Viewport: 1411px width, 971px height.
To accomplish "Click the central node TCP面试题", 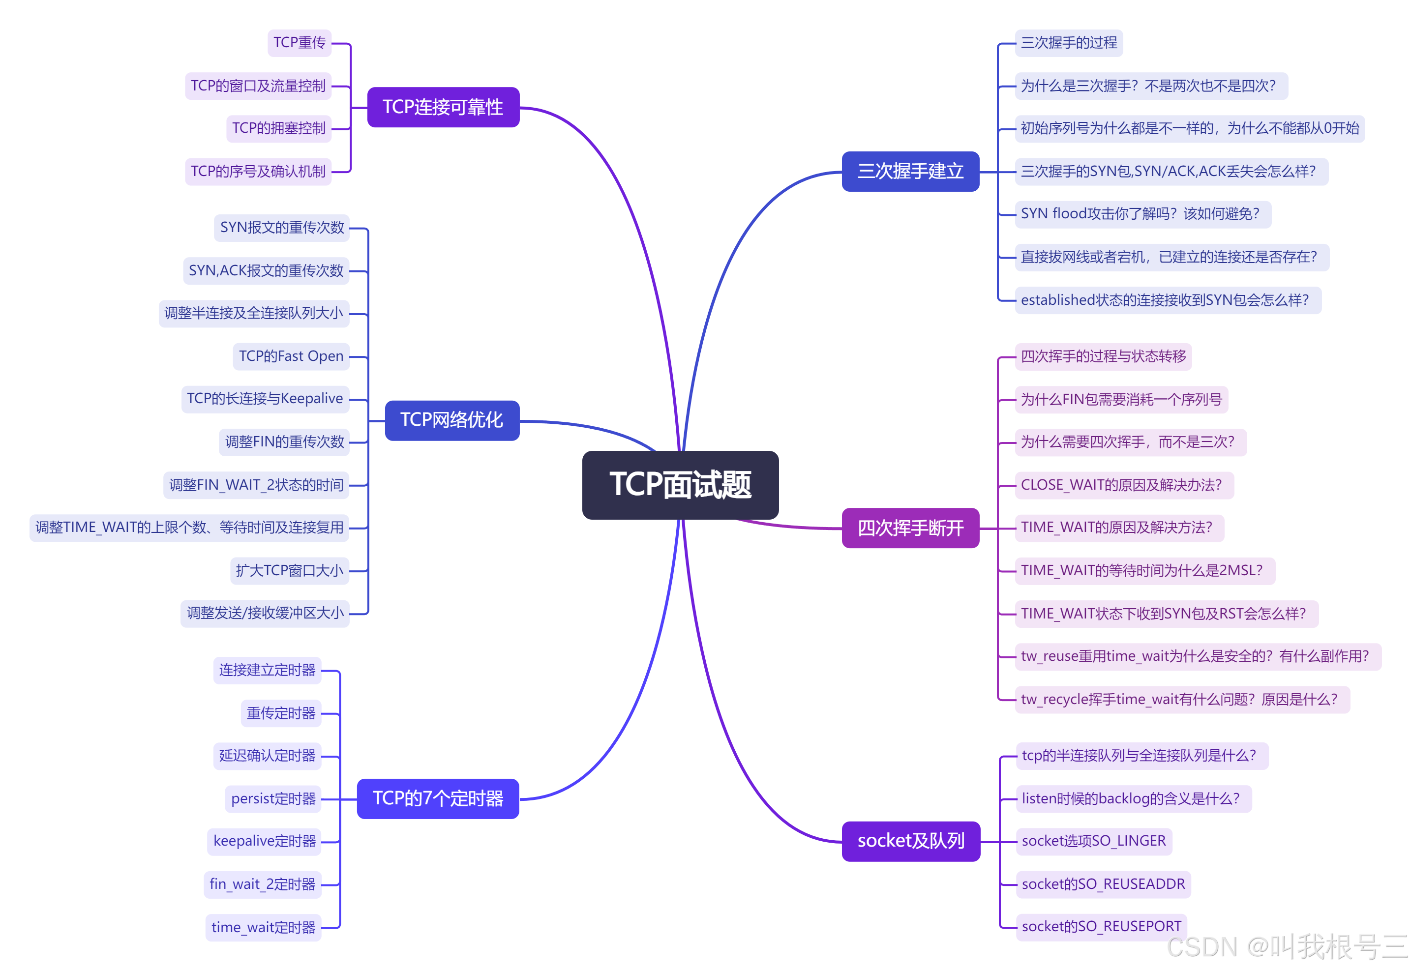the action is (680, 484).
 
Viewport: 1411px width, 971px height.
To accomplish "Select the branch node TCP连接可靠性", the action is (443, 107).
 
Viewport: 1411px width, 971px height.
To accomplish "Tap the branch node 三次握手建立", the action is (910, 171).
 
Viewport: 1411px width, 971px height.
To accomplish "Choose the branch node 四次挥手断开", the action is (910, 528).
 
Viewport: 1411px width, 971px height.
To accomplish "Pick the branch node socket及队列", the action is (910, 841).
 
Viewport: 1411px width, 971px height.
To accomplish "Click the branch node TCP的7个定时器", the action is (438, 798).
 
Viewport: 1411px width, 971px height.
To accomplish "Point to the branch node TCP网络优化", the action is (451, 420).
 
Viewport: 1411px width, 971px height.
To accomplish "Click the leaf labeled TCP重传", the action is (300, 43).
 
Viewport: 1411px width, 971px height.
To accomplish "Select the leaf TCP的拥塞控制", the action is (279, 128).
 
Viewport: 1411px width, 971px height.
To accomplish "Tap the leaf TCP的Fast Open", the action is (291, 356).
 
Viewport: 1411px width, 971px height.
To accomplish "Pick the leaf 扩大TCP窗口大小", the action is (289, 570).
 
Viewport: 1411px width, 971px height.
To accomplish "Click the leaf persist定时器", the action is (273, 798).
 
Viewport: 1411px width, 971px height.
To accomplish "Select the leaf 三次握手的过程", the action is (1068, 43).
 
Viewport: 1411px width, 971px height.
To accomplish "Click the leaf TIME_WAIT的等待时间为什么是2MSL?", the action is (1141, 570).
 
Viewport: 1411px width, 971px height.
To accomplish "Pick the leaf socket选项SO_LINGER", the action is (1093, 841).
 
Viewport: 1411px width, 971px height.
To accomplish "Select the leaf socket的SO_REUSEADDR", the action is (1103, 884).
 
